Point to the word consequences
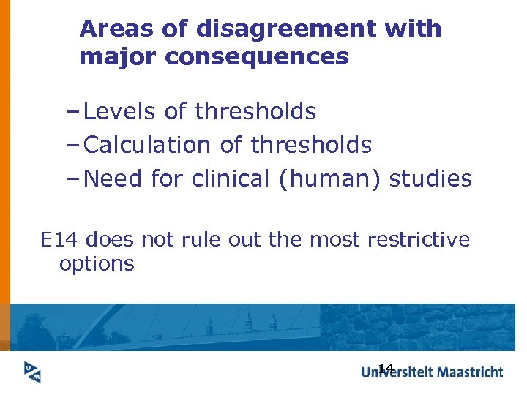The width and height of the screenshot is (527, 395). click(x=257, y=57)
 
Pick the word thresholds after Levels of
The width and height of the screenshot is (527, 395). click(x=255, y=112)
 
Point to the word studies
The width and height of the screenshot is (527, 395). click(x=431, y=179)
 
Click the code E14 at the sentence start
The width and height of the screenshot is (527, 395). click(x=56, y=240)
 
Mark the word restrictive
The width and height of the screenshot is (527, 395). click(x=419, y=240)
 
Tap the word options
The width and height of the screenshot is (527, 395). click(x=97, y=264)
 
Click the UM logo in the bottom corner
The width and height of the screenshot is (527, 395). click(x=29, y=372)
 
